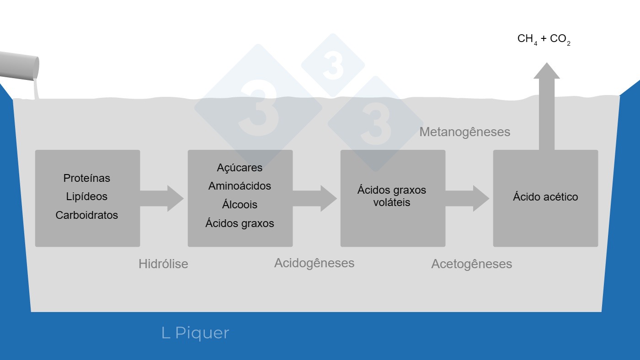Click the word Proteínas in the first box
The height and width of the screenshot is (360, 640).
(x=87, y=178)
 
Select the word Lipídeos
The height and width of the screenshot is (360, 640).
(x=87, y=196)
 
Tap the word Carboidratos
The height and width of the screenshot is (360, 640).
(x=87, y=215)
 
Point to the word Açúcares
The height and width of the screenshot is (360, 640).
(x=240, y=168)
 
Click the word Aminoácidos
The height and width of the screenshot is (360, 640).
(x=240, y=186)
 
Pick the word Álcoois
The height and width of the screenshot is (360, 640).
(x=240, y=205)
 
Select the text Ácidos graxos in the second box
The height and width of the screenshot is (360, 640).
(x=240, y=223)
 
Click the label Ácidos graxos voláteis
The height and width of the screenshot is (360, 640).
(x=392, y=196)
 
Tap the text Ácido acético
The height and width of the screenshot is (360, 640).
(x=545, y=197)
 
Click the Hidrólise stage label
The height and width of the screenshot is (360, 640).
(x=163, y=264)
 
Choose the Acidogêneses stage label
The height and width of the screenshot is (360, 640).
(x=314, y=263)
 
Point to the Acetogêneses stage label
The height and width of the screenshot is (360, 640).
(x=471, y=264)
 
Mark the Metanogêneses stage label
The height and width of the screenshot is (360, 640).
(x=464, y=132)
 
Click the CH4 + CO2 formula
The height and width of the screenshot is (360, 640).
(x=544, y=39)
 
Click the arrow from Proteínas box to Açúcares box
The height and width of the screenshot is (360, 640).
(x=162, y=198)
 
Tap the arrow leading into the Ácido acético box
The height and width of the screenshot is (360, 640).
(x=468, y=198)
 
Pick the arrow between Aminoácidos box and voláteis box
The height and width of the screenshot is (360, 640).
(x=315, y=198)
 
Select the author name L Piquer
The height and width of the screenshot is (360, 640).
(x=195, y=333)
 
